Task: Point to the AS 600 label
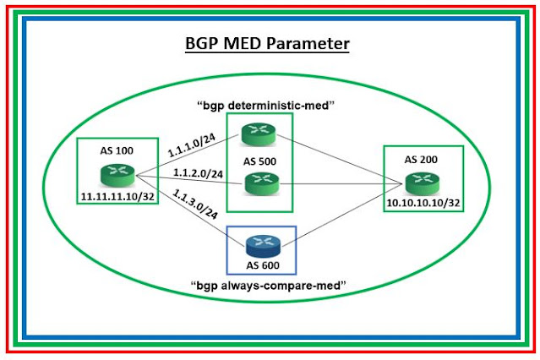[x=262, y=264]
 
